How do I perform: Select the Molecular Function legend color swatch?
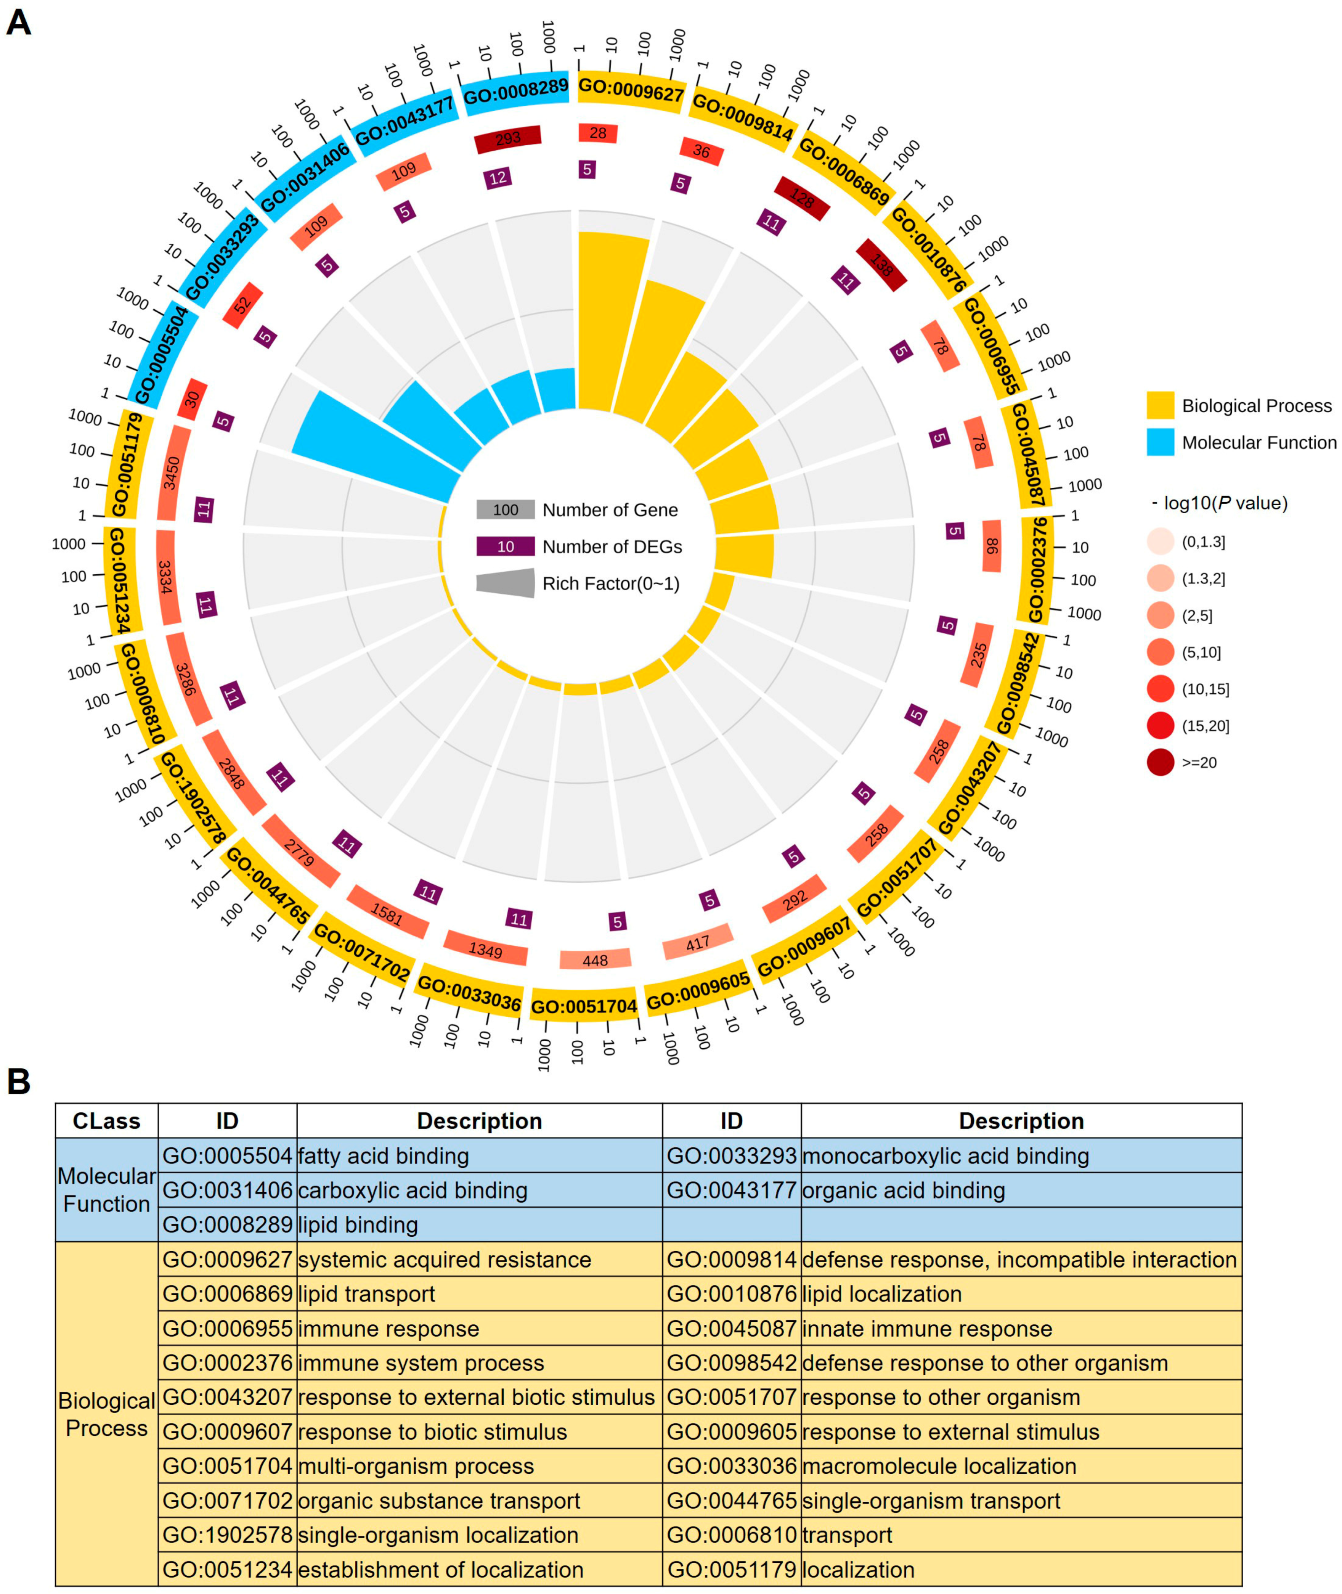(x=1160, y=442)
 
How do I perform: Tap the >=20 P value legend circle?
(x=1160, y=762)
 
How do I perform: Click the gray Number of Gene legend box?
(x=505, y=510)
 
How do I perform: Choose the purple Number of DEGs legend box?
(x=505, y=546)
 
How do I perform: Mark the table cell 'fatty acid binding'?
(x=384, y=1156)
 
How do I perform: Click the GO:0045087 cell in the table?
(x=731, y=1329)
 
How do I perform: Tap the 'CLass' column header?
(x=106, y=1121)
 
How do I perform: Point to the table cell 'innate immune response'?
(x=926, y=1329)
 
